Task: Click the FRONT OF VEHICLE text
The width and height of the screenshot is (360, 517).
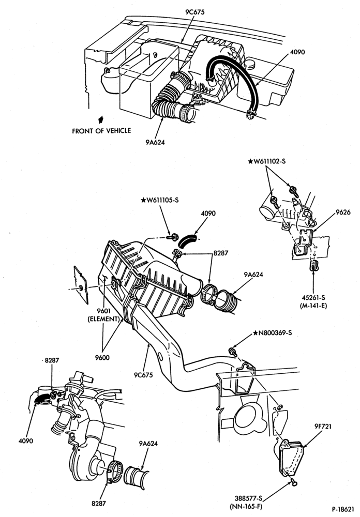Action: (101, 131)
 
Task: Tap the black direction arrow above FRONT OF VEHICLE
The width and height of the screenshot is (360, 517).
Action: (101, 119)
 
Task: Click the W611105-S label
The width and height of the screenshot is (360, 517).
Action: (160, 200)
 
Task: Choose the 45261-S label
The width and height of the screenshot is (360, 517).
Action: (313, 298)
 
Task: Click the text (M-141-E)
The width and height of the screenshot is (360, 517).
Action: (313, 306)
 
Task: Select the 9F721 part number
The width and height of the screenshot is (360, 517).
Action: (323, 427)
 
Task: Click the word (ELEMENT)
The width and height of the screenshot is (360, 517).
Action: (103, 319)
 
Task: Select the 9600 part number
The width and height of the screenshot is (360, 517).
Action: (102, 358)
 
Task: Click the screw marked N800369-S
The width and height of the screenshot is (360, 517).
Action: (233, 352)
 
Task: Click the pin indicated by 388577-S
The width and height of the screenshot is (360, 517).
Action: (293, 483)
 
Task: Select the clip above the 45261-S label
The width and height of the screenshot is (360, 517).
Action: (313, 266)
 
